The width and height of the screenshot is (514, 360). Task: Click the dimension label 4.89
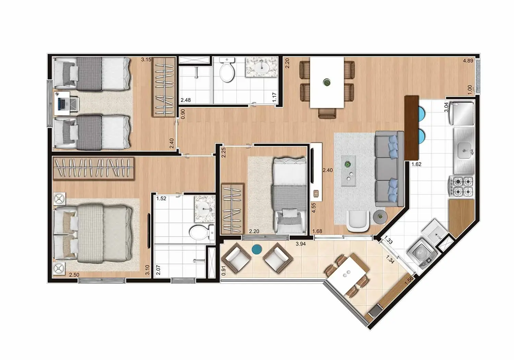point(468,61)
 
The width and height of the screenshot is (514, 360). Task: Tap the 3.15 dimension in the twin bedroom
point(146,60)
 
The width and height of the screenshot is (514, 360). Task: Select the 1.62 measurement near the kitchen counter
point(416,164)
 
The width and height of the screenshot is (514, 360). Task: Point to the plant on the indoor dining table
point(327,82)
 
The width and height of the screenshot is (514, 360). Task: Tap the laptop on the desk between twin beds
point(62,104)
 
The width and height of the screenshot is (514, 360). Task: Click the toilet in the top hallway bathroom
point(227,71)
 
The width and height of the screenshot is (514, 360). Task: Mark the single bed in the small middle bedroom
point(289,195)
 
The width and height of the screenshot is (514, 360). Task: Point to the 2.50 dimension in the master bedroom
point(74,275)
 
